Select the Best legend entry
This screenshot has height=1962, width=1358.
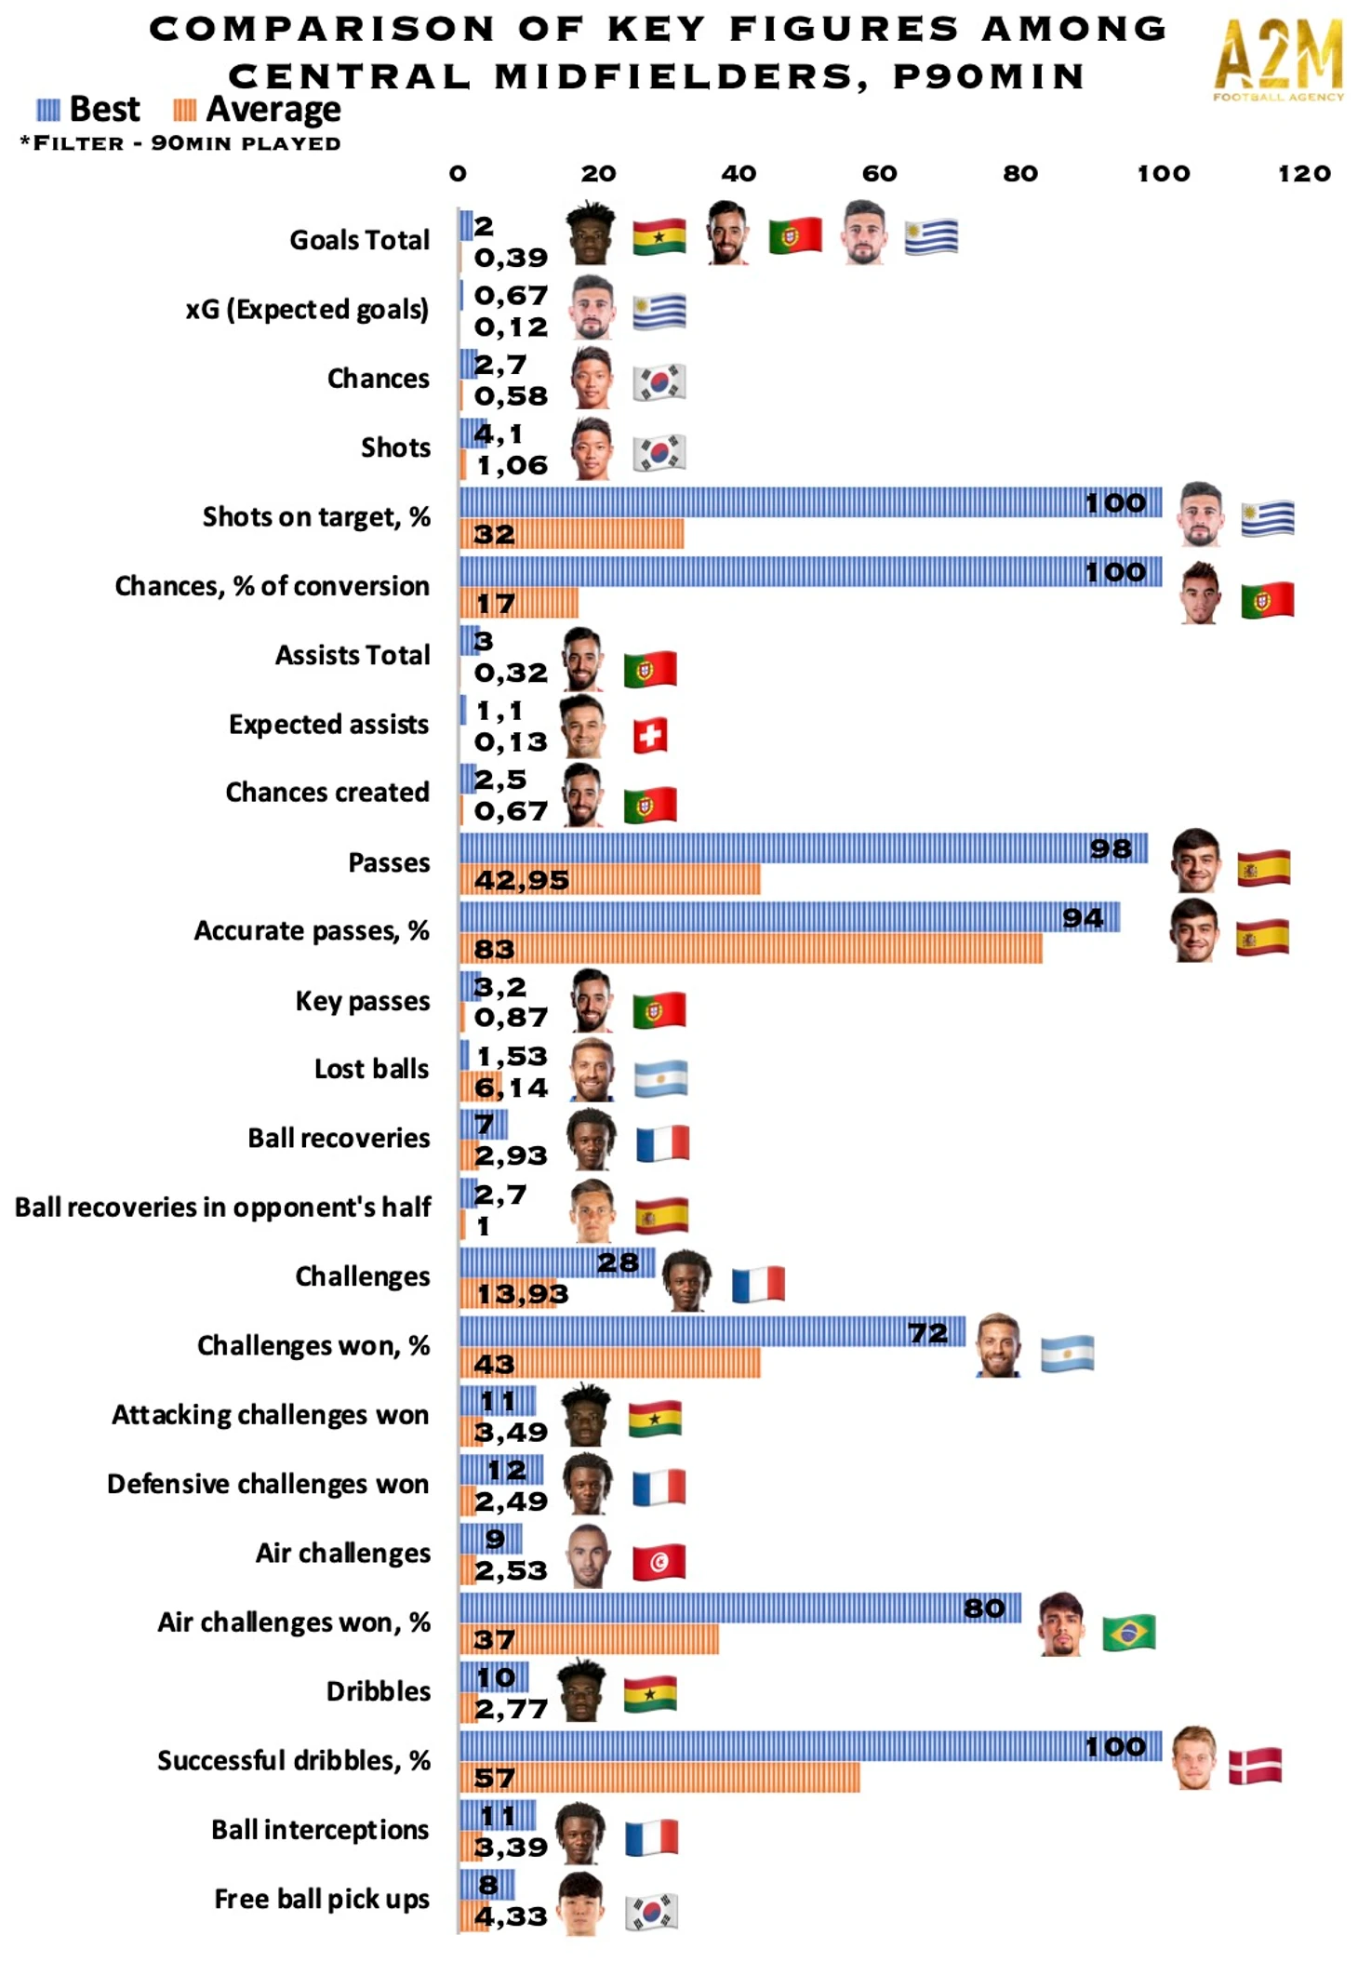coord(89,110)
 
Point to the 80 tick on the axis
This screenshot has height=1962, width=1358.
coord(1020,173)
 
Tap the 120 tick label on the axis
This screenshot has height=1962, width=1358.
coord(1304,173)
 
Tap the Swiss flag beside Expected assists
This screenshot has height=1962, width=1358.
coord(650,736)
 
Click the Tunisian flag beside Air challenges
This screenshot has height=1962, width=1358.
coord(659,1562)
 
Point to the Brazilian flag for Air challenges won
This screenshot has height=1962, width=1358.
coord(1129,1632)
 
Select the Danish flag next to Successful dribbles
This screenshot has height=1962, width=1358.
coord(1255,1765)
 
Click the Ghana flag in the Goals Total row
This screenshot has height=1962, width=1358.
coord(659,237)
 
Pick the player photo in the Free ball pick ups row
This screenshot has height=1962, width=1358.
coord(581,1903)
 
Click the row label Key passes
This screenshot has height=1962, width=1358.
coord(362,1001)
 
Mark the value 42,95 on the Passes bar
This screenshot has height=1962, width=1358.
coord(521,880)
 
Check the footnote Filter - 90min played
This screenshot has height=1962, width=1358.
coord(180,143)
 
